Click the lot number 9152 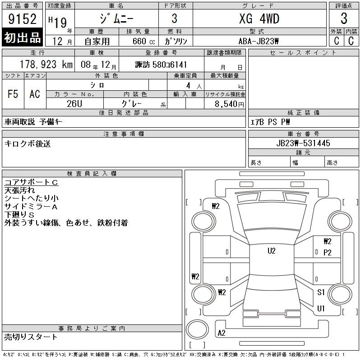[x=22, y=19]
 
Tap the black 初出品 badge [x=22, y=37]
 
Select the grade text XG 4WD [x=259, y=19]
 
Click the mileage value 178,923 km [x=46, y=65]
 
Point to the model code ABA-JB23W [x=259, y=41]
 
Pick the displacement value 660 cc [x=143, y=41]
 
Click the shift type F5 [x=13, y=94]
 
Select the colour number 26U [x=74, y=104]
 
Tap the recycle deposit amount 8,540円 [x=229, y=104]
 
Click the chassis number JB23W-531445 [x=303, y=143]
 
